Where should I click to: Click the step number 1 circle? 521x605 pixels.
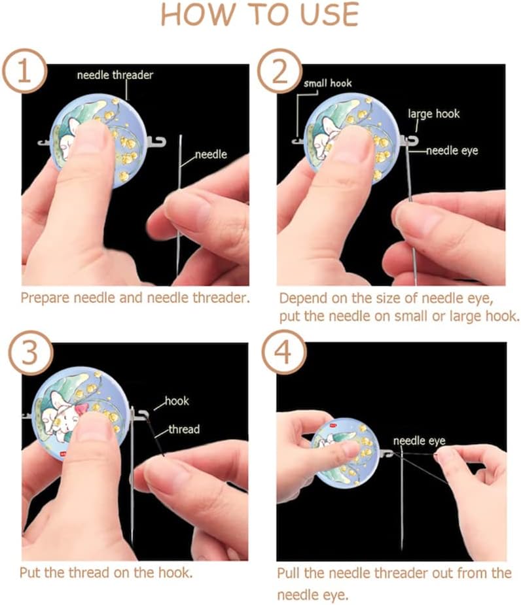coord(24,71)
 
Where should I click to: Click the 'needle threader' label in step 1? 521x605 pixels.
coord(115,75)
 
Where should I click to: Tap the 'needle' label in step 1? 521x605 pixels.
coord(211,155)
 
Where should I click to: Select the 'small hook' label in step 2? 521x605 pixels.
coord(327,84)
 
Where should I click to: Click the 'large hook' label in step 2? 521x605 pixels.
coord(433,114)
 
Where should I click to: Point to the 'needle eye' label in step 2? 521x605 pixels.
coord(452,151)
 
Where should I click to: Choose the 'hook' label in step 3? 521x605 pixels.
coord(177,401)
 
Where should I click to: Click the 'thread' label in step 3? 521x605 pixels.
coord(184,430)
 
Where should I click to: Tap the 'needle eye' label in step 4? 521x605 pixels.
coord(419,441)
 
